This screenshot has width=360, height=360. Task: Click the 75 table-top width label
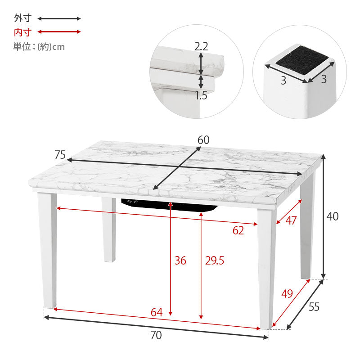pos(60,155)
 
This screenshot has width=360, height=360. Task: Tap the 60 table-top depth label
pos(203,140)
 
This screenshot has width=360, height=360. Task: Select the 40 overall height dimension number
pos(332,216)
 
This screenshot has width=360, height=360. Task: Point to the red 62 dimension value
pos(238,230)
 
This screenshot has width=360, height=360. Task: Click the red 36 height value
pos(180,261)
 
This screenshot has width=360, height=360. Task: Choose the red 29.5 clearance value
pos(215,261)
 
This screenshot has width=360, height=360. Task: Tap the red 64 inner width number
pos(157,312)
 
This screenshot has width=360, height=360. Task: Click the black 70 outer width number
pos(156,335)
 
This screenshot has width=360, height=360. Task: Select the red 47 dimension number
pos(291,220)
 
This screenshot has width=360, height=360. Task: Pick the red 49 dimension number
pos(287,294)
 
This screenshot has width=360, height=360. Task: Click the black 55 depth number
pos(314,307)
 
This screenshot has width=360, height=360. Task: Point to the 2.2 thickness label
pos(201,47)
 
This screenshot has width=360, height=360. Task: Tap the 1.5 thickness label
pos(201,95)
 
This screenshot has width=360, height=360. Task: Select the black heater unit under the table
pos(170,205)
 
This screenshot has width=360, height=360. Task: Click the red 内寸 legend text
pos(22,32)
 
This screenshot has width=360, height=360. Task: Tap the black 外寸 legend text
pos(22,18)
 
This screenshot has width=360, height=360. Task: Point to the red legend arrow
pos(59,31)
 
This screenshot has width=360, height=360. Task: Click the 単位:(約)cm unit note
pos(39,47)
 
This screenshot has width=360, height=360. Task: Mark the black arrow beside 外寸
pos(59,18)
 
